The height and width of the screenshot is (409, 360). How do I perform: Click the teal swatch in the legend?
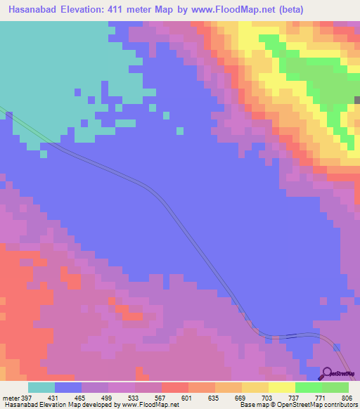[41, 387]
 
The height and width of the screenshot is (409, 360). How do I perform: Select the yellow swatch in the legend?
[282, 387]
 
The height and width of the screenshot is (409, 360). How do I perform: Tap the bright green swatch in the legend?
[309, 387]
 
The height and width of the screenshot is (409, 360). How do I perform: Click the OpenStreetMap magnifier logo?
[326, 373]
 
